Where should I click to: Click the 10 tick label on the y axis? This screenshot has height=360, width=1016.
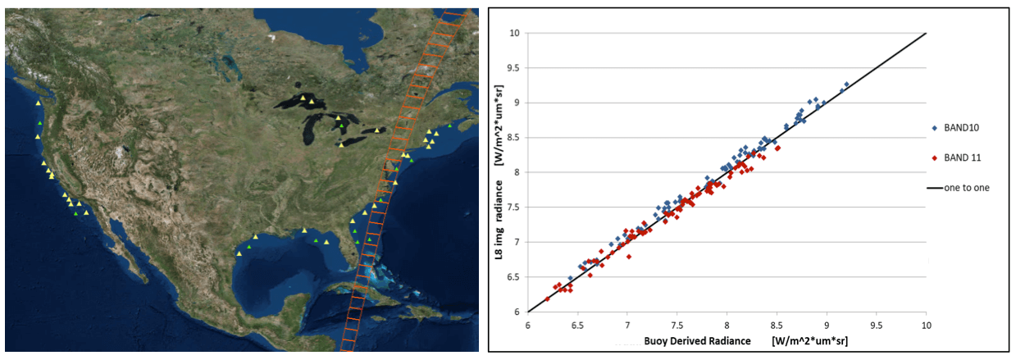(x=514, y=33)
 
